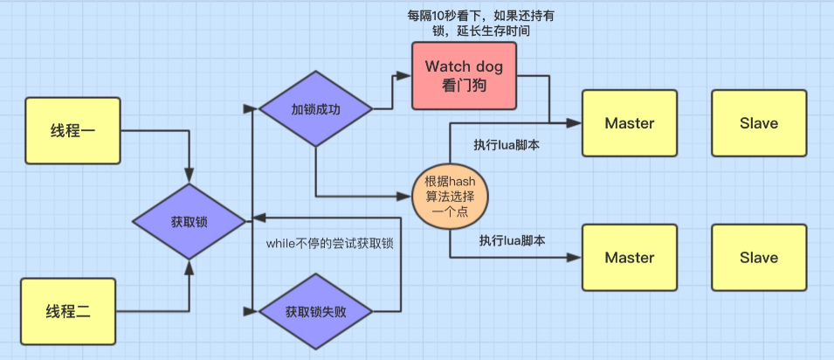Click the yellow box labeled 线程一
72,131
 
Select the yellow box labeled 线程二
68,311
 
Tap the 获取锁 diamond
189,220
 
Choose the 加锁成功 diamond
316,110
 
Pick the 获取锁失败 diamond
316,311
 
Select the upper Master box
629,123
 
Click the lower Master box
629,258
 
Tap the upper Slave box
758,123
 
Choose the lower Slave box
758,258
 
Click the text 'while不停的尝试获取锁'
329,244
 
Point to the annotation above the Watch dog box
470,24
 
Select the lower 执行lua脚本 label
512,240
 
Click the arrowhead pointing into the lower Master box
576,258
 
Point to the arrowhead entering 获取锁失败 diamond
256,311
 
